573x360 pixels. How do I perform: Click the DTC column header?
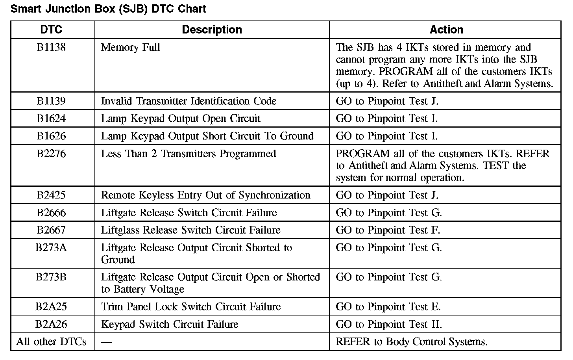(51, 30)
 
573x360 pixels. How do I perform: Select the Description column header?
(212, 30)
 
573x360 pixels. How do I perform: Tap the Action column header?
(446, 30)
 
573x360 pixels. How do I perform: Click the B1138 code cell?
(51, 48)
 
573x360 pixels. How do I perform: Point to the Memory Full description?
(131, 48)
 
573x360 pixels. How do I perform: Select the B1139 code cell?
(51, 101)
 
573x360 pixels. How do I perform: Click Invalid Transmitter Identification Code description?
(189, 101)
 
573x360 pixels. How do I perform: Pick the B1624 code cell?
(51, 119)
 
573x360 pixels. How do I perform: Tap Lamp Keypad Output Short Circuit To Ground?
(207, 136)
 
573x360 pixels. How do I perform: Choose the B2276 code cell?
(51, 154)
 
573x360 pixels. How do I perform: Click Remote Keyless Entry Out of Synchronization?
(205, 195)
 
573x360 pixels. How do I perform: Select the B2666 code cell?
(51, 213)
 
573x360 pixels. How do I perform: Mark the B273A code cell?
(51, 248)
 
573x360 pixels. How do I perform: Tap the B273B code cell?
(51, 277)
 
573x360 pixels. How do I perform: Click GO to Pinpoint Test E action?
(388, 306)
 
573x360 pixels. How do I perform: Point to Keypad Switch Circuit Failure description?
(170, 324)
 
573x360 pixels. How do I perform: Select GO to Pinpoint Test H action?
(389, 324)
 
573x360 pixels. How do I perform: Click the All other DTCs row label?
(51, 341)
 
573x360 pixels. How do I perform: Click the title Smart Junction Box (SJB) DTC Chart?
(108, 9)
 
